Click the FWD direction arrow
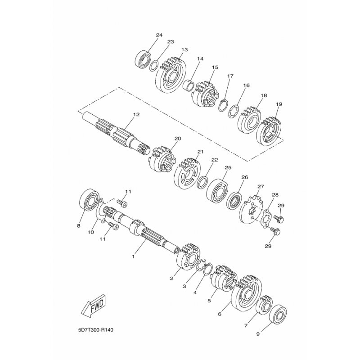point(94,306)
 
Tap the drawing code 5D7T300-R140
point(95,330)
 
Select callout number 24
point(159,35)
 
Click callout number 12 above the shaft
point(136,114)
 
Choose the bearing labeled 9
point(278,314)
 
